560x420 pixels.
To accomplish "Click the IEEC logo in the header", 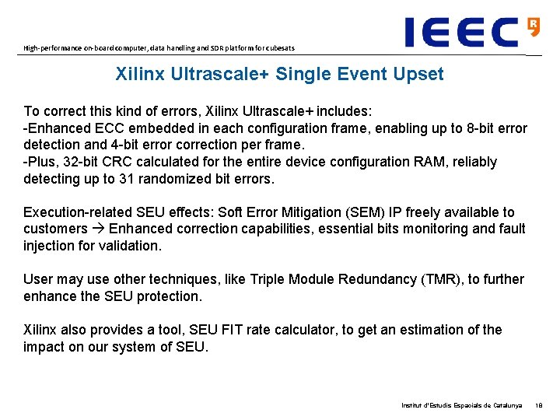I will [462, 32].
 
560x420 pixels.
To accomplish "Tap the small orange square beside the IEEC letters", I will [534, 25].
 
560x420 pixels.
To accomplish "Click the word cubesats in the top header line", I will [278, 48].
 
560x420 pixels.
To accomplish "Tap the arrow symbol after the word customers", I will [98, 229].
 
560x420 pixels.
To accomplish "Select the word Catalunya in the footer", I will [507, 406].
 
